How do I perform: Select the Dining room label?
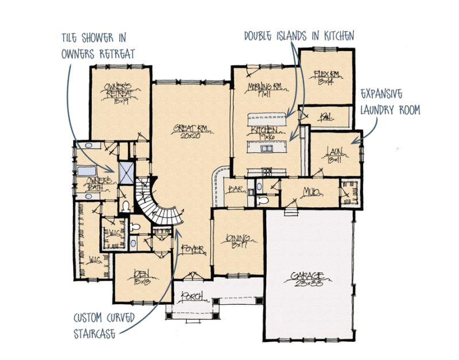[236, 241]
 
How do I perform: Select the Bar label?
[235, 189]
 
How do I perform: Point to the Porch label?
[191, 296]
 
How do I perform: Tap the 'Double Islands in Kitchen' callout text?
[298, 36]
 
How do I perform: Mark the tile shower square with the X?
[126, 171]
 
